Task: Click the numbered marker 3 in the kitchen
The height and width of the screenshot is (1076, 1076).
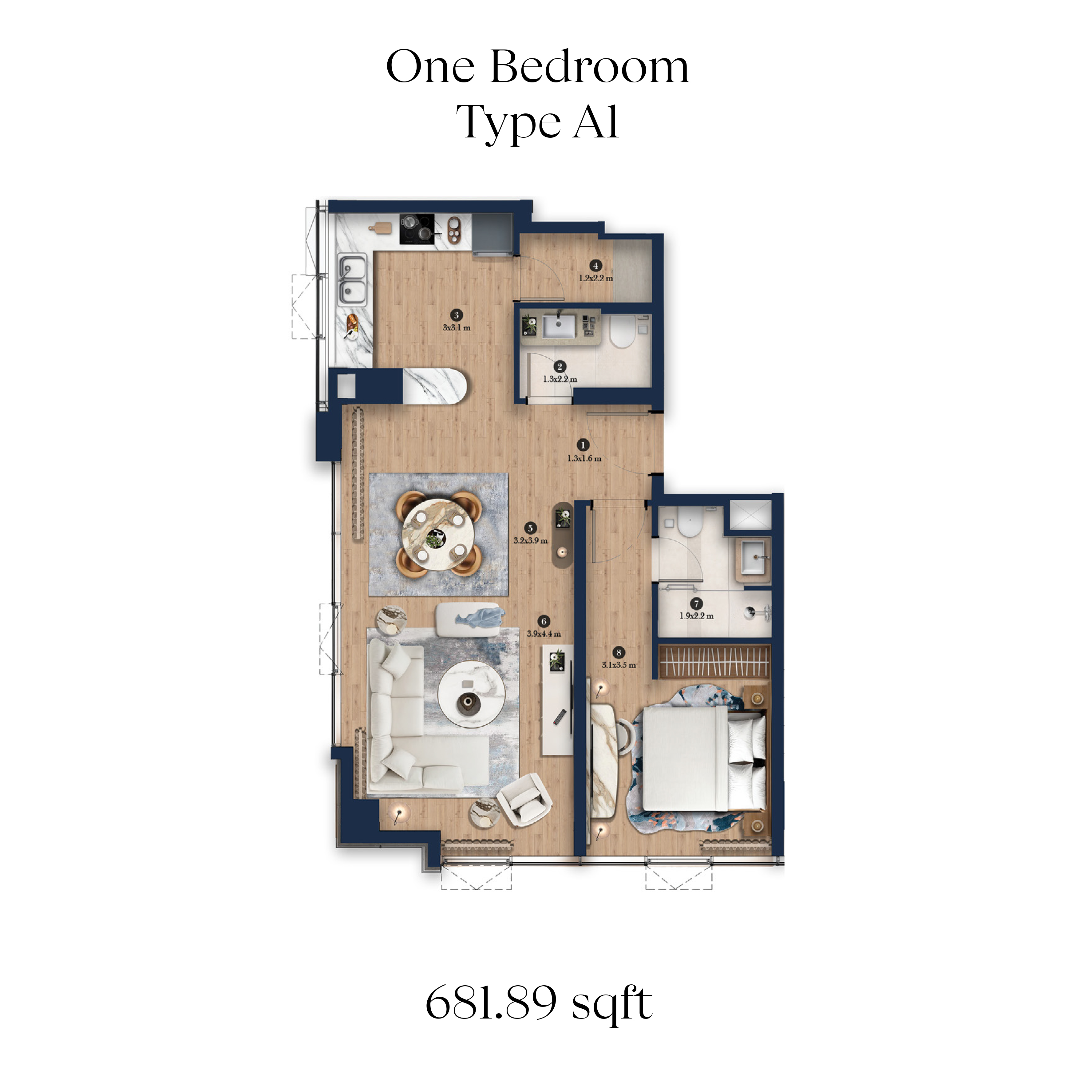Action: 456,315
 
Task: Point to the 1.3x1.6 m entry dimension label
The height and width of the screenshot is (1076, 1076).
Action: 584,459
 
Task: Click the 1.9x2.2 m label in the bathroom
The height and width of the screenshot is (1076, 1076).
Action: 696,616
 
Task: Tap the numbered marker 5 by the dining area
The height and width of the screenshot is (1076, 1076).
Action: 530,528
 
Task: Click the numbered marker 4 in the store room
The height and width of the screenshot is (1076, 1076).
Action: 596,266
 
